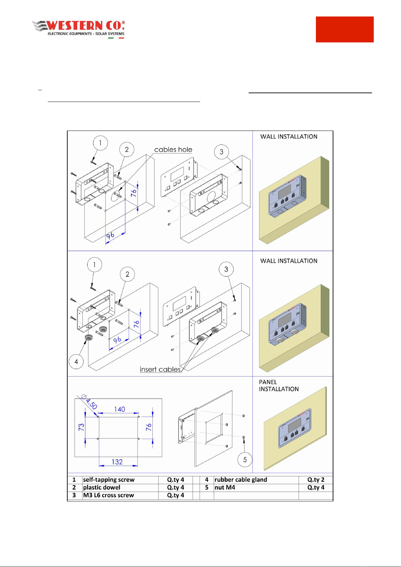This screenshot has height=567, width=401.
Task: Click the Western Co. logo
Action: [78, 30]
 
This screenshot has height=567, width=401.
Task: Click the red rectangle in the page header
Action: [344, 29]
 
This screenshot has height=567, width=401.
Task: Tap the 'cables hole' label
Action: [173, 150]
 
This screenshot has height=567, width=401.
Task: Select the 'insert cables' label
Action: [160, 369]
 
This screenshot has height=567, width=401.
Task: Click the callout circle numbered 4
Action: [76, 361]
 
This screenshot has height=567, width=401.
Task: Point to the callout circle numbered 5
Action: [245, 459]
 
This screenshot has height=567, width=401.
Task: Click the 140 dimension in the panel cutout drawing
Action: [119, 409]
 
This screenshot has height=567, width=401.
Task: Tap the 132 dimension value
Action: [117, 462]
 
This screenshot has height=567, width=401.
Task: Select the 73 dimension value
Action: [81, 427]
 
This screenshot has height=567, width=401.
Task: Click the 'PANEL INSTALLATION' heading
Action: [279, 386]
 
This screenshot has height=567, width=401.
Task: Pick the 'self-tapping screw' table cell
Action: [109, 480]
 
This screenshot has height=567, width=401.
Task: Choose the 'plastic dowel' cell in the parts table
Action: [102, 488]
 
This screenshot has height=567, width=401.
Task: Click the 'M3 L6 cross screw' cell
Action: [108, 495]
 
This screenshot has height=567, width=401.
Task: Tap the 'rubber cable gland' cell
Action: [241, 480]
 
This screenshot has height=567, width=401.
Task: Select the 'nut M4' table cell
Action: [225, 488]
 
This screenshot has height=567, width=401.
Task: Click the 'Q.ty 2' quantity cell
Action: [316, 480]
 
